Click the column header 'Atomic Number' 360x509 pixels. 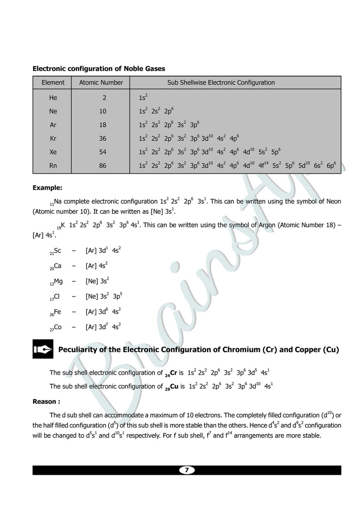[x=101, y=83]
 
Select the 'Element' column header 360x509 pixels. [x=53, y=83]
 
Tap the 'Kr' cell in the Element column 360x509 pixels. [x=53, y=139]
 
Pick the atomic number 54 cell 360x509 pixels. [x=103, y=152]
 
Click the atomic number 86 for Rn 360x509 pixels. [x=103, y=166]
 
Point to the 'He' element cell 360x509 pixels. [x=53, y=98]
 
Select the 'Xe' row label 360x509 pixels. [x=53, y=152]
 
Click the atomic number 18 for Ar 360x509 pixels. [x=103, y=125]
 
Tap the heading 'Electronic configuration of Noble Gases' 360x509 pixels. [x=99, y=68]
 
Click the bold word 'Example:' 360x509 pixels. [x=48, y=187]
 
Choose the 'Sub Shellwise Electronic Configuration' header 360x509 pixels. [x=221, y=83]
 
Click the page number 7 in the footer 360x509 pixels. [x=187, y=470]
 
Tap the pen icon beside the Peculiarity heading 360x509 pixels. [x=43, y=349]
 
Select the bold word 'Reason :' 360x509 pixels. [x=46, y=402]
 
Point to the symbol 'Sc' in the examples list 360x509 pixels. [x=57, y=250]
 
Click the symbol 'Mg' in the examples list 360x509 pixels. [x=58, y=281]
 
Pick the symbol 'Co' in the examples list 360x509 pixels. [x=58, y=327]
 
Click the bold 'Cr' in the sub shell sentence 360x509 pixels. [x=174, y=373]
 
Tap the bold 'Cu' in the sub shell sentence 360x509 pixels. [x=175, y=386]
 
